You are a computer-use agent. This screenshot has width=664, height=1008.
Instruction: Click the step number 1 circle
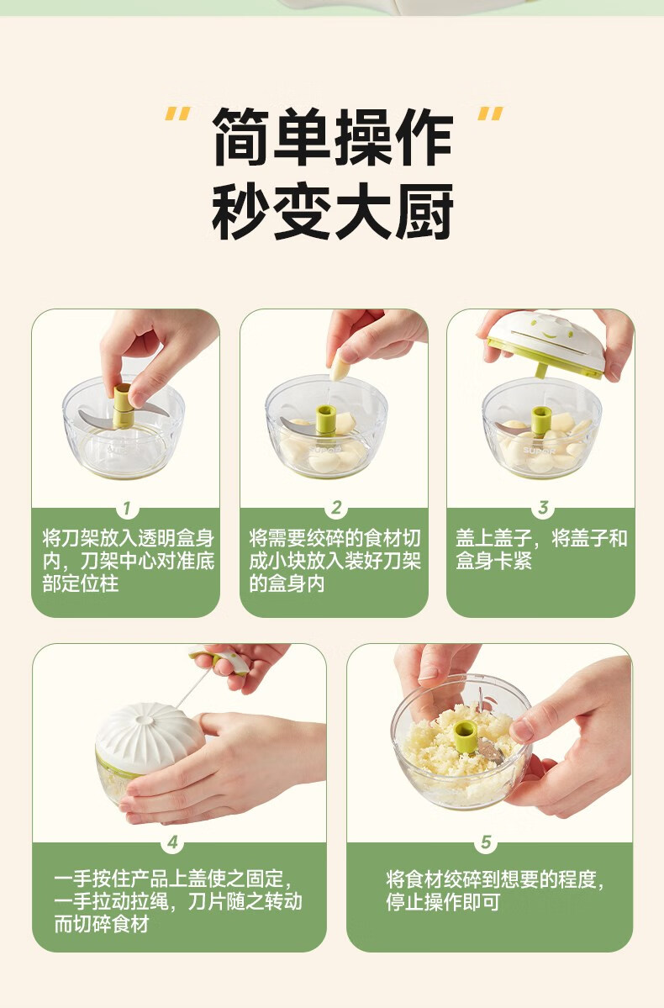pos(127,509)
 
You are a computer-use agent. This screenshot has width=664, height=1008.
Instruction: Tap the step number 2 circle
pos(335,509)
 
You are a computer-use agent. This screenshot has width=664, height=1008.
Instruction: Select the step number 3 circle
pos(543,508)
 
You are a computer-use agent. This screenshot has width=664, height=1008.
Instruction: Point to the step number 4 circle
pos(172,842)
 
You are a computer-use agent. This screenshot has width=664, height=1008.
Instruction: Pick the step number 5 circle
pos(486,842)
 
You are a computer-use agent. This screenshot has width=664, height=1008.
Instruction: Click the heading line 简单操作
pos(333,136)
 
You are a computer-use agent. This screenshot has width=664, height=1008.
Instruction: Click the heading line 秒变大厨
pos(333,212)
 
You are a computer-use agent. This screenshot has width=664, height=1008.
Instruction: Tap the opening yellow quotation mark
pos(177,113)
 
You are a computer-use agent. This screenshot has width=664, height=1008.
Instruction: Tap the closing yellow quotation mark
pos(491,113)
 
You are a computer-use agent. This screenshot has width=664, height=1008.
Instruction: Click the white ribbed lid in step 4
pos(148,734)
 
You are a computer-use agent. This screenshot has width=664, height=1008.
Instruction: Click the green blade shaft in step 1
pos(123,406)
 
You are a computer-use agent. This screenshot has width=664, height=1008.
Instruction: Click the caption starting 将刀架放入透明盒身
pos(128,561)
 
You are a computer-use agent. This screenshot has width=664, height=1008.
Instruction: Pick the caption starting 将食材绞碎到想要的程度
pos(495,889)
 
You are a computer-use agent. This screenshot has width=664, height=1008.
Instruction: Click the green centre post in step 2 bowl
pos(326,419)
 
